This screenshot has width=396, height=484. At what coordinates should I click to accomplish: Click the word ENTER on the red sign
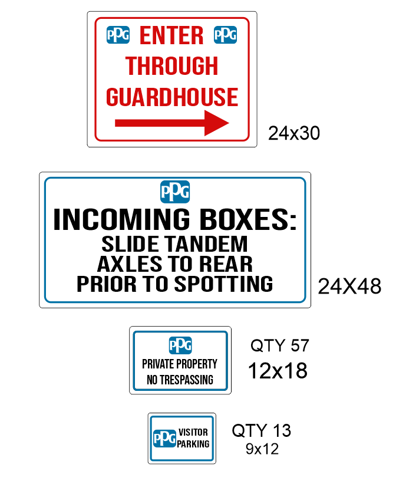[171, 36]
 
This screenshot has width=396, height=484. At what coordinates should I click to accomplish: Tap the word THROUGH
[171, 66]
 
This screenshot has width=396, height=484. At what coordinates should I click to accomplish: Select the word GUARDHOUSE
[172, 97]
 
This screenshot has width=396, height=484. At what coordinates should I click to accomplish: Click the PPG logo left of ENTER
[118, 35]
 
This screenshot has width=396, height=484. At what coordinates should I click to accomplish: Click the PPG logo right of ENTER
[225, 35]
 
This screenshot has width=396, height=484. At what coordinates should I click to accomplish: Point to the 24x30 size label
[294, 133]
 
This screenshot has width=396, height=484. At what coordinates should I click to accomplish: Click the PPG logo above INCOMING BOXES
[175, 192]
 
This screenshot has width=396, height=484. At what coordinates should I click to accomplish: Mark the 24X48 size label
[349, 287]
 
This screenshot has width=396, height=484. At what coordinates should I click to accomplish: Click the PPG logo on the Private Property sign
[180, 345]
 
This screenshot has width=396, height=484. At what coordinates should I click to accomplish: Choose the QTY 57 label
[279, 345]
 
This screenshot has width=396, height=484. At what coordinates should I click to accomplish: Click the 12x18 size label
[278, 371]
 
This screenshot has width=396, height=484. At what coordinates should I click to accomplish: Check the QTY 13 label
[261, 431]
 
